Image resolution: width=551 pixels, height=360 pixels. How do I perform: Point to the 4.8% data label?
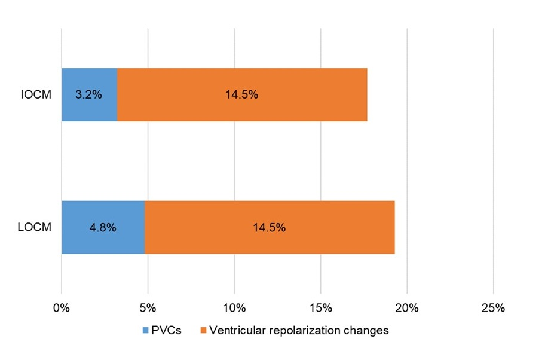pos(103,227)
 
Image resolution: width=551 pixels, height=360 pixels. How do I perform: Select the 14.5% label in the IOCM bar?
pos(241,94)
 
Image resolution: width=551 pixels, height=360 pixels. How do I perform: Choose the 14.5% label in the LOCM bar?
pos(269,227)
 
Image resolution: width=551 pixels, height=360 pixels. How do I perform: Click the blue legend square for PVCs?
pos(145,331)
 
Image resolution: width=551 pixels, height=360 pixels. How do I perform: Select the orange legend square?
pos(203,331)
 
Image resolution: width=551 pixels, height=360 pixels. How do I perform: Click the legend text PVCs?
pos(166,331)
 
